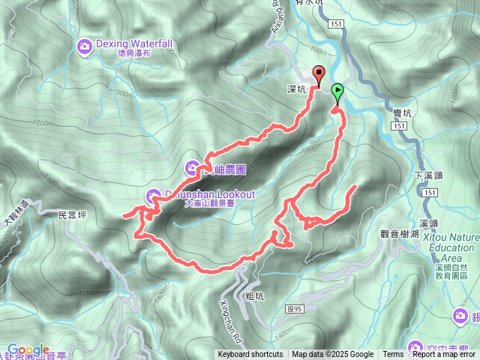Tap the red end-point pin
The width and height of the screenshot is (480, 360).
(318, 75)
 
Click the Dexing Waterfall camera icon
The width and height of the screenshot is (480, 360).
(85, 47)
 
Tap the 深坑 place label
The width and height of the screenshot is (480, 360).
(297, 88)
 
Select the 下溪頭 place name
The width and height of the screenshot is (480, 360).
(425, 175)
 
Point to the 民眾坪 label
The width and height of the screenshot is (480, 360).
(73, 214)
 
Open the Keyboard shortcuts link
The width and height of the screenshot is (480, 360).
(250, 355)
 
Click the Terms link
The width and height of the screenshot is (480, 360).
(393, 355)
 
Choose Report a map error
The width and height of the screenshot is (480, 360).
(445, 355)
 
